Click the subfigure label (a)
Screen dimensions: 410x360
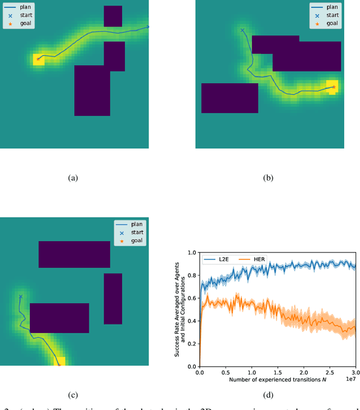click(73, 178)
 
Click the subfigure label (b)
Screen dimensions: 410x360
click(268, 178)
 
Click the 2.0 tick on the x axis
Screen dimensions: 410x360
click(304, 372)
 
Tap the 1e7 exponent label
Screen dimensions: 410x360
click(351, 380)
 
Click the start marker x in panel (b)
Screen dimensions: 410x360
click(242, 30)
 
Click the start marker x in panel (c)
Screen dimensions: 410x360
click(21, 296)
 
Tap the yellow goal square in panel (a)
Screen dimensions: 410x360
click(38, 58)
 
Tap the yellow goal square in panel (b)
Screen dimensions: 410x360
click(333, 87)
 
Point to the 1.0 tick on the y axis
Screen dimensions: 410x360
click(192, 253)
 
